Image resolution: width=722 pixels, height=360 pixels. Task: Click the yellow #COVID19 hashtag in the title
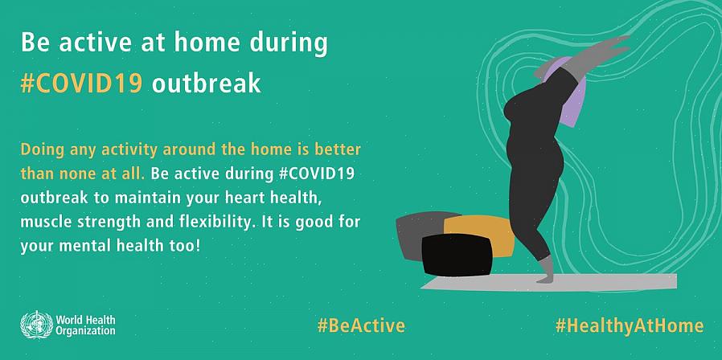[81, 84]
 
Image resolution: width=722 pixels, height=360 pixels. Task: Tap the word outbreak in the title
[207, 84]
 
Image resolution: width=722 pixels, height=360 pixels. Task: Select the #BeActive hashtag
[362, 325]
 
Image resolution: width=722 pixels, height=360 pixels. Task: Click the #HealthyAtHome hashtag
[630, 326]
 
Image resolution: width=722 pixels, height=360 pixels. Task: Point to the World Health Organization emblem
[37, 325]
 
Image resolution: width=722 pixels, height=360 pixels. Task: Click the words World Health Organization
[86, 325]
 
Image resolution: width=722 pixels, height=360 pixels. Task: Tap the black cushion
[457, 255]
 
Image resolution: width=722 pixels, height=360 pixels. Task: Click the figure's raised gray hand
[613, 43]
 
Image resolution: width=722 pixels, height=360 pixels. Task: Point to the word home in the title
[207, 43]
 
